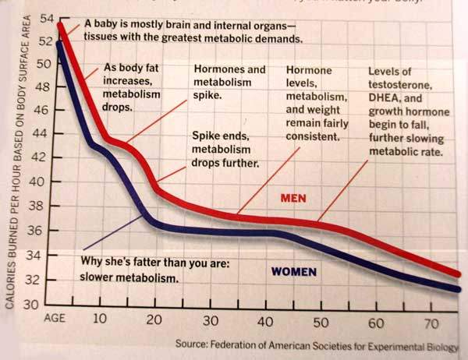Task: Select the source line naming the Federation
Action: tap(317, 344)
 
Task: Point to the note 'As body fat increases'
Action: tap(133, 87)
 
